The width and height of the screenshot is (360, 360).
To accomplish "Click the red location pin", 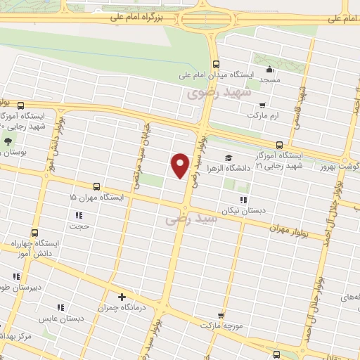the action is click(180, 165).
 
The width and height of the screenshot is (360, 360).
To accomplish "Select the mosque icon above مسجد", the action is click(270, 70).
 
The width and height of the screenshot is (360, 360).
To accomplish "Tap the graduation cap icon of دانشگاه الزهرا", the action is click(228, 157).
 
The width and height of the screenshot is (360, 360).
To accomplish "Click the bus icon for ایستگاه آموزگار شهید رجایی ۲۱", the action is click(280, 145).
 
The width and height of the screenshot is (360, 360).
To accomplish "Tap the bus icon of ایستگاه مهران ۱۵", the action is click(96, 187).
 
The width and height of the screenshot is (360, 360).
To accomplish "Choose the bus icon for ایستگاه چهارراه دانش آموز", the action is click(33, 233).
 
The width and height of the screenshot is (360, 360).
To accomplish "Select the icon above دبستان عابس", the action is click(60, 307).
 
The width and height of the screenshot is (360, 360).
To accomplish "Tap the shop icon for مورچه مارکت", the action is click(221, 316).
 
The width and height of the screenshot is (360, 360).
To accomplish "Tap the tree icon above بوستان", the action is click(8, 141).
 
